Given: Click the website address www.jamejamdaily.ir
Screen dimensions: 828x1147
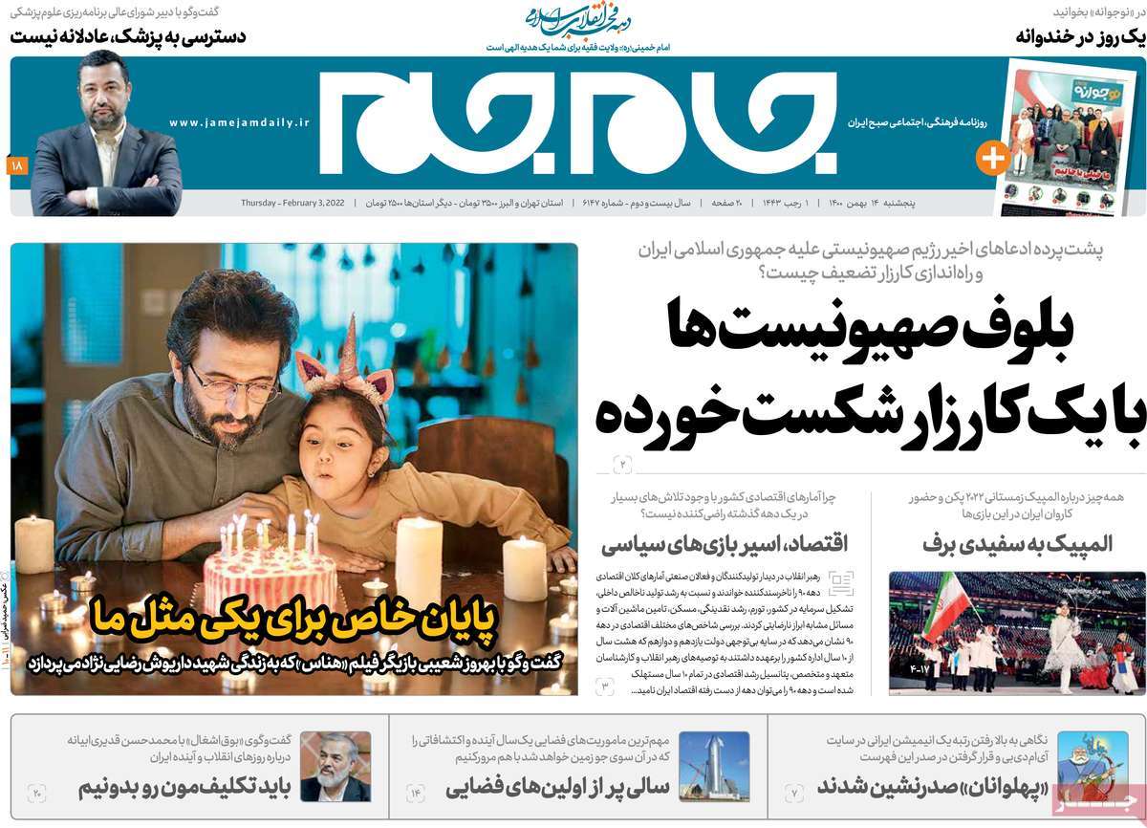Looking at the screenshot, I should (x=240, y=123).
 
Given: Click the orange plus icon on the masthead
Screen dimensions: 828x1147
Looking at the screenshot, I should (x=992, y=158).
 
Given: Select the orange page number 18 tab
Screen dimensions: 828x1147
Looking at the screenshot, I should (x=16, y=166).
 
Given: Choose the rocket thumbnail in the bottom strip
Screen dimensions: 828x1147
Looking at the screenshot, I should (x=714, y=766).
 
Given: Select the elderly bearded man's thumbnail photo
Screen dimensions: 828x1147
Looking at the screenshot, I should (x=335, y=766).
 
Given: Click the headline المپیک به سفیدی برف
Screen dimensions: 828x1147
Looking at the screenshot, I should (x=1017, y=543).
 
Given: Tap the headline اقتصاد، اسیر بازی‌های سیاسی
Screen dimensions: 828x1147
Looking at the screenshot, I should (x=724, y=545).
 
